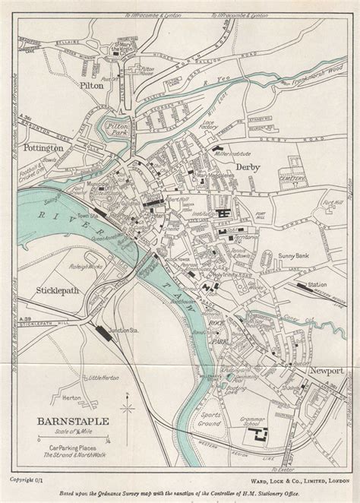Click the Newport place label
327,370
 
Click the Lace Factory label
230,124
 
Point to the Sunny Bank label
291,257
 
